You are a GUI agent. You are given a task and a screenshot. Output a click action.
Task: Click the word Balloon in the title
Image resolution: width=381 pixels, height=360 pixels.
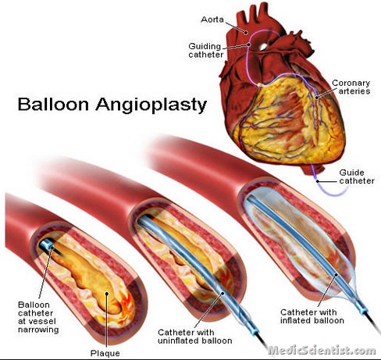point(53,104)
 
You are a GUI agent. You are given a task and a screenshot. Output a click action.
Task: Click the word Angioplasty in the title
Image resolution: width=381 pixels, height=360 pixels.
point(151,105)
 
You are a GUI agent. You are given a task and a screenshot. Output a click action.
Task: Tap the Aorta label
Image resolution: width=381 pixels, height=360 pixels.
point(212,20)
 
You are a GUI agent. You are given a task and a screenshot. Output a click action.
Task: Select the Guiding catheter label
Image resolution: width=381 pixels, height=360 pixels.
point(206,50)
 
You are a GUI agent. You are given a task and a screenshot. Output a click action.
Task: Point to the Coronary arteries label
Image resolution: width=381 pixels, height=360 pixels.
point(351,87)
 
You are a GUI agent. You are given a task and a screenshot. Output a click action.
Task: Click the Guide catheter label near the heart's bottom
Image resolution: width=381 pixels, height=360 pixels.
point(357,176)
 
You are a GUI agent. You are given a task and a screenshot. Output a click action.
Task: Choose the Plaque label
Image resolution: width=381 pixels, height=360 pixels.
point(105,353)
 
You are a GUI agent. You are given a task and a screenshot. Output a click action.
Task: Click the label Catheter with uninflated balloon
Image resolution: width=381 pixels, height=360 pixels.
point(195,337)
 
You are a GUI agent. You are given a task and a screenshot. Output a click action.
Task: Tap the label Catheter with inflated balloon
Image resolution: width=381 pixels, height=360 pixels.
point(312,316)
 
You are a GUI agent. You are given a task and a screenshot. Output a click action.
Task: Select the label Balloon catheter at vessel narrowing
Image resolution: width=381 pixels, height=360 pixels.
point(38,317)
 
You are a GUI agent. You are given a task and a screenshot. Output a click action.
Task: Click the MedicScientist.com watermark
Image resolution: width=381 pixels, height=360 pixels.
point(322,351)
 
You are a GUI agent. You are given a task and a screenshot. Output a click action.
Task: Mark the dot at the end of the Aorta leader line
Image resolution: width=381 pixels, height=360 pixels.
point(245,33)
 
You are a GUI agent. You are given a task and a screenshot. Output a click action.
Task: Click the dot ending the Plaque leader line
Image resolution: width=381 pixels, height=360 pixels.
point(106,294)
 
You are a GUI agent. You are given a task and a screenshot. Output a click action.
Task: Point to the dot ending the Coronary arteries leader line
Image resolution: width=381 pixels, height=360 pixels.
point(317,98)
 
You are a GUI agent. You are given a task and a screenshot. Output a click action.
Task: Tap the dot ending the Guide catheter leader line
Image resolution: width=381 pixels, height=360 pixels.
point(318,181)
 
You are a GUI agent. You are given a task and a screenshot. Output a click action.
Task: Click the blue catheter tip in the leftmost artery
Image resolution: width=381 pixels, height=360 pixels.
point(47,244)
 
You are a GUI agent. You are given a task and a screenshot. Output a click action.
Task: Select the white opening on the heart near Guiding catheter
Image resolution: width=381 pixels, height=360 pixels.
point(263,47)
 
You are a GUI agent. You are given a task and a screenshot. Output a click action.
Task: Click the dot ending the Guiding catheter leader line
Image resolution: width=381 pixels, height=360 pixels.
point(249,45)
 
